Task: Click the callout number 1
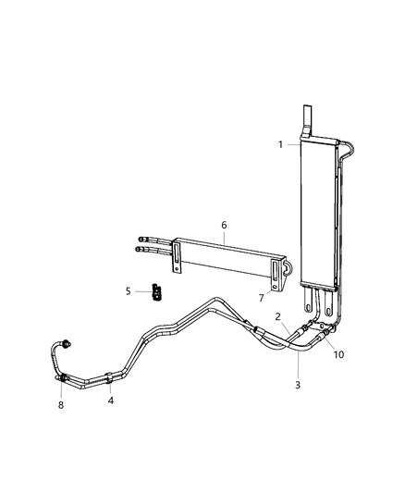(279, 144)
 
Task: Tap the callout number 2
(278, 316)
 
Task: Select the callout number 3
(297, 385)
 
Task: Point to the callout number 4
(110, 401)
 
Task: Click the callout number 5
(129, 291)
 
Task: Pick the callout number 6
(223, 225)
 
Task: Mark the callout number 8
(62, 404)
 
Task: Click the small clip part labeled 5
(157, 292)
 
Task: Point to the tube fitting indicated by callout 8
(64, 377)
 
